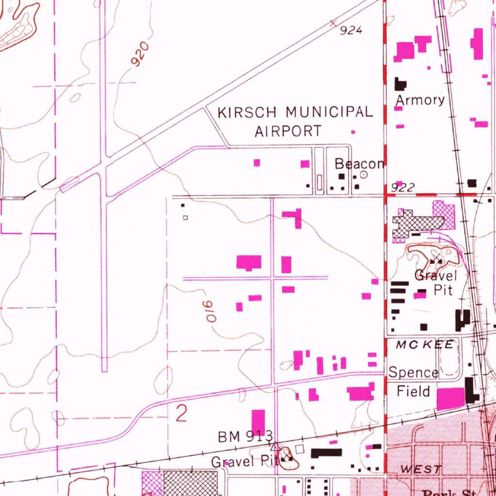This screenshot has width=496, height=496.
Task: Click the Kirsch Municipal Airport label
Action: pos(295,121)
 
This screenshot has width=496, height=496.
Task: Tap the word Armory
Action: pos(420,100)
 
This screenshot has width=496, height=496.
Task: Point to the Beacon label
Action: pos(359,164)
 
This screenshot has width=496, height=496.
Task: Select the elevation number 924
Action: pos(351,31)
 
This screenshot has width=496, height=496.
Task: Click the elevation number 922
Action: pos(402,188)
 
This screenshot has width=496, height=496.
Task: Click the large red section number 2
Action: pos(181,414)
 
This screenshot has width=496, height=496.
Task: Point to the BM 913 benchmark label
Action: pos(245,436)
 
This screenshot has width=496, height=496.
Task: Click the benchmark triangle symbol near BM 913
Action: pos(275,446)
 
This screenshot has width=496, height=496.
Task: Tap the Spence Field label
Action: pos(413,382)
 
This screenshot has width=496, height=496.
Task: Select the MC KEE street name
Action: pos(425,344)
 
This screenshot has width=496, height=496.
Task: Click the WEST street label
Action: pos(421,469)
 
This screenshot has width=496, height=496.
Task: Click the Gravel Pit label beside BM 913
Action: pos(243,462)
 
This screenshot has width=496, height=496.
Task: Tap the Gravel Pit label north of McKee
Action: pos(435,283)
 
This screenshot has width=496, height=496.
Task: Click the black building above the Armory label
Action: pos(400,84)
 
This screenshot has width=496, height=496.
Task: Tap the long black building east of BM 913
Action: pos(326,453)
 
